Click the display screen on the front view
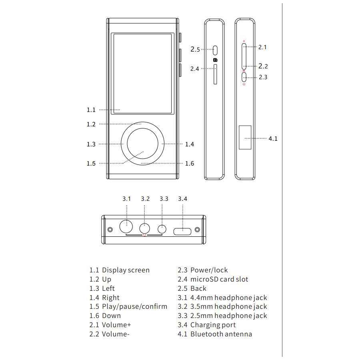point(143,74)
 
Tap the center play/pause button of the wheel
point(142,144)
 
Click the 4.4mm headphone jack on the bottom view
point(126,227)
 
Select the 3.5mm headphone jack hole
point(144,228)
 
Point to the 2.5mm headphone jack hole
point(162,229)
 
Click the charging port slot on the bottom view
point(183,230)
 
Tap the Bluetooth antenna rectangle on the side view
point(245,137)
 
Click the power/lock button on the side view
point(244,77)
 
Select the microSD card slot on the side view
point(215,74)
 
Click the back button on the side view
point(215,50)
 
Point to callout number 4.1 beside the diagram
point(273,139)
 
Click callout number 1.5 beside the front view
point(91,163)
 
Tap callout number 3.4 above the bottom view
point(182,199)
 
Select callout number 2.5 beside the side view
point(195,50)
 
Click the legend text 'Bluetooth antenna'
point(221,334)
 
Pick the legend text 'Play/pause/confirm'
point(134,306)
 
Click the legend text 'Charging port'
point(213,325)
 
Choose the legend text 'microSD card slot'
point(219,279)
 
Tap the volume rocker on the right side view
point(244,56)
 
